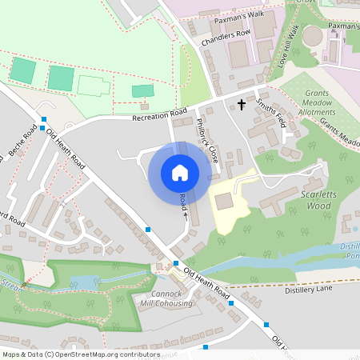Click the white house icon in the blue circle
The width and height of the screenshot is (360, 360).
click(x=180, y=173)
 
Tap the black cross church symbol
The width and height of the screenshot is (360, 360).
click(x=242, y=102)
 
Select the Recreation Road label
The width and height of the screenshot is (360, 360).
click(x=160, y=115)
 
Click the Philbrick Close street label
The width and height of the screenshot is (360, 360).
click(x=207, y=140)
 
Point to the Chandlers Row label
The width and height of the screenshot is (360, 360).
click(x=226, y=36)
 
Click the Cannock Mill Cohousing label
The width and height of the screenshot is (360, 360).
click(x=166, y=298)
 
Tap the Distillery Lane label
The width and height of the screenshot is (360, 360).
click(x=308, y=290)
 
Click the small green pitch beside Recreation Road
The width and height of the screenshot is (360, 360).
click(x=142, y=91)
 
